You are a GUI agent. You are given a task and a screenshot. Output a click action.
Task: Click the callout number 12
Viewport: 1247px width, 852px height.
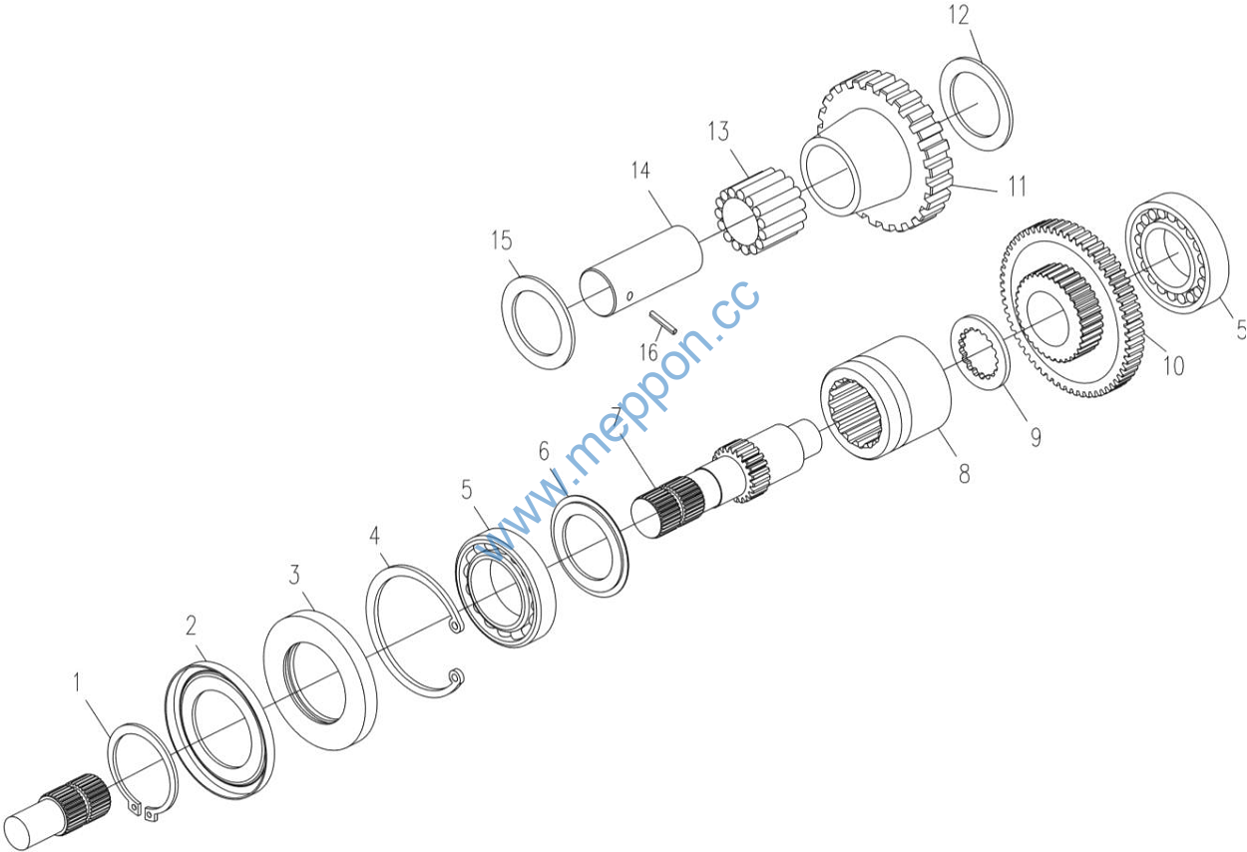pyautogui.click(x=959, y=15)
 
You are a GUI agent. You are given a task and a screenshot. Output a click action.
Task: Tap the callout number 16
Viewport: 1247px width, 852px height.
pyautogui.click(x=648, y=352)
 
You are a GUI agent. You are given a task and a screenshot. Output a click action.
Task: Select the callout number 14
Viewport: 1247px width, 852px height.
pyautogui.click(x=640, y=171)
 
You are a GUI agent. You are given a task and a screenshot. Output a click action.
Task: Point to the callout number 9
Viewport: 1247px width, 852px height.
pyautogui.click(x=1036, y=437)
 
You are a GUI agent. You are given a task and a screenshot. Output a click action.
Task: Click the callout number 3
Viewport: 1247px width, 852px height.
pyautogui.click(x=294, y=575)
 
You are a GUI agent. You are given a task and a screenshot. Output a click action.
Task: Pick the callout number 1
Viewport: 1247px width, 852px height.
pyautogui.click(x=78, y=682)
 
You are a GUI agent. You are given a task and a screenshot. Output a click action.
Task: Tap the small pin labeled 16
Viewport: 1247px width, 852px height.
pyautogui.click(x=663, y=323)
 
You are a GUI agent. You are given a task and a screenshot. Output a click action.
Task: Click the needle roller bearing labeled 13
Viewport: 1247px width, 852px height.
pyautogui.click(x=760, y=213)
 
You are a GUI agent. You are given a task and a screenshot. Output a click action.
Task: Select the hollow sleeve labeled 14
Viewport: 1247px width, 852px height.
pyautogui.click(x=640, y=270)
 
